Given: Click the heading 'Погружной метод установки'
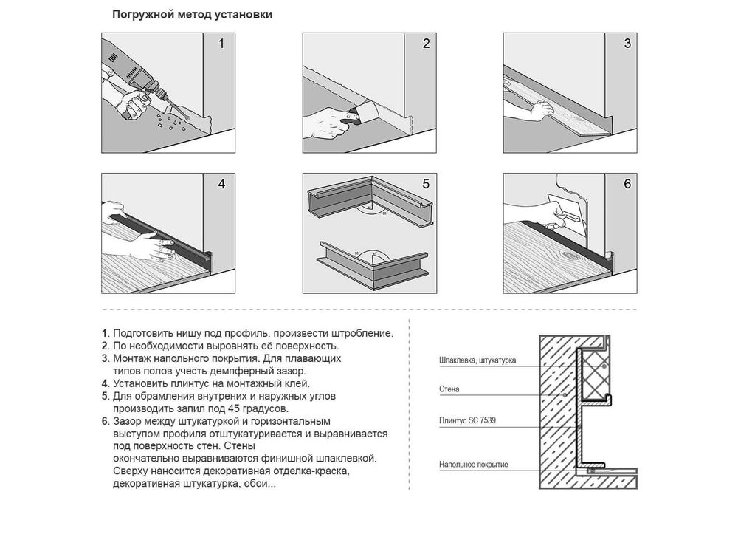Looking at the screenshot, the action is [192, 15].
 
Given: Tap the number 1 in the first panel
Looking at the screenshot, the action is [221, 44].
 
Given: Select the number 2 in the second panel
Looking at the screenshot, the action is [427, 44].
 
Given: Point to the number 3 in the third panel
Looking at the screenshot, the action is [627, 44].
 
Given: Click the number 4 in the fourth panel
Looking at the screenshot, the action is [221, 184].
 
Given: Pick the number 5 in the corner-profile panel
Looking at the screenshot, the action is [426, 184].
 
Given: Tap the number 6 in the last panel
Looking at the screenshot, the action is [627, 184].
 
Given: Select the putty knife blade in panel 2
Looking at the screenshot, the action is [367, 112].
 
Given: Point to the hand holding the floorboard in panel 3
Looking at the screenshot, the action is [542, 110].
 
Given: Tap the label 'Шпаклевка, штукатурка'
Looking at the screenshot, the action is [477, 360].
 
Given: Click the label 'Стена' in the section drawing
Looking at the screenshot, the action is [449, 389].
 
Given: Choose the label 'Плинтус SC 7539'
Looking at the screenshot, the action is [467, 420].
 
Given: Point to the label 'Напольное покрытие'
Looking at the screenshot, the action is [474, 465].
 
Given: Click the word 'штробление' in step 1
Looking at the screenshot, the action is [362, 334].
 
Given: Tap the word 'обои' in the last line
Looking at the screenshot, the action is [263, 484].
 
